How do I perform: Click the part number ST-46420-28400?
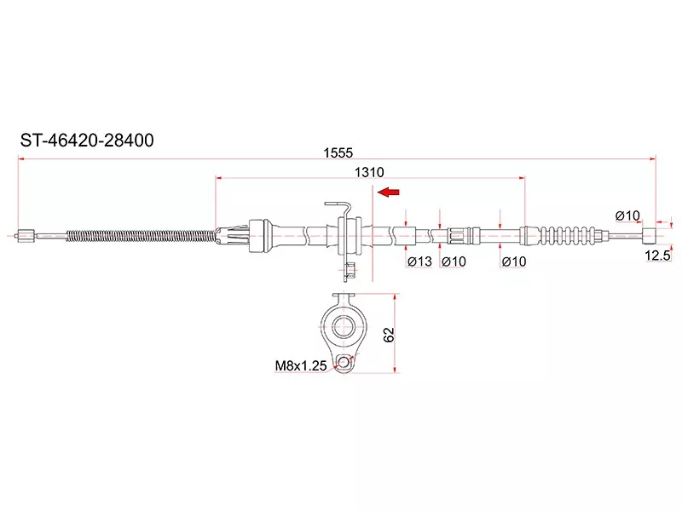pos(87,141)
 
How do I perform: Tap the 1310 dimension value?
pos(368,171)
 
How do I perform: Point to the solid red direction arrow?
pos(390,192)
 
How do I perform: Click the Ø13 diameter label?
pos(419,261)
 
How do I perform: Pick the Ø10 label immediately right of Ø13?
pos(454,261)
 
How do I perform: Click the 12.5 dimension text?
pos(658,255)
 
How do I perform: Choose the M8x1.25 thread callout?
pos(300,367)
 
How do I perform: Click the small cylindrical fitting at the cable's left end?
pos(26,233)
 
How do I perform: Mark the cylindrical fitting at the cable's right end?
pos(650,234)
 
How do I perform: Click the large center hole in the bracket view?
pos(344,324)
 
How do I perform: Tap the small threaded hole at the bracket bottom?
pos(344,365)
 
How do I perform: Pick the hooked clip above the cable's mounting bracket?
pos(338,207)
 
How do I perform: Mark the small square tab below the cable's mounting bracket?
pos(349,273)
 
